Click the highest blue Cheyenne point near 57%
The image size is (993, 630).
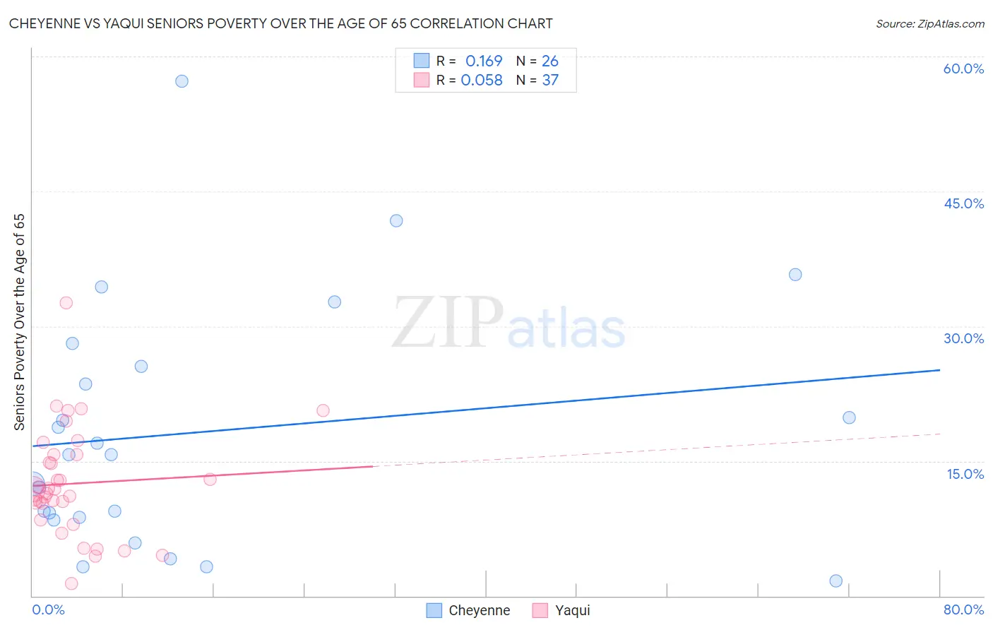click(182, 81)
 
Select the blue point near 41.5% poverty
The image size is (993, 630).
click(396, 220)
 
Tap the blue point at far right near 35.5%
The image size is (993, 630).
click(795, 275)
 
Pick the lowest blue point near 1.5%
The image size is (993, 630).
click(836, 581)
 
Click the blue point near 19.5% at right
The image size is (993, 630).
click(849, 417)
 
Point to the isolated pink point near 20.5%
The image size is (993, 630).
click(323, 410)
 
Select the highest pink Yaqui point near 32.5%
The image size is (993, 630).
click(66, 302)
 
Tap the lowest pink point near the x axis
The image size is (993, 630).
click(71, 583)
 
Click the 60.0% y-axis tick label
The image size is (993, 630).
click(963, 69)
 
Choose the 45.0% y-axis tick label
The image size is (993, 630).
click(963, 203)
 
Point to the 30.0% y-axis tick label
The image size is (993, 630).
click(963, 338)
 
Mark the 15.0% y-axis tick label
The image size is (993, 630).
click(965, 474)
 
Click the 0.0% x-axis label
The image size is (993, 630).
click(48, 610)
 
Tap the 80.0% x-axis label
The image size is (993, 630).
click(963, 610)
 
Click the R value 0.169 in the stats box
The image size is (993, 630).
click(483, 61)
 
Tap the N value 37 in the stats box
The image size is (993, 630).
click(550, 80)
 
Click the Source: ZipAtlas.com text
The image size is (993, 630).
click(929, 23)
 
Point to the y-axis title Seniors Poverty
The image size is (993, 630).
click(19, 321)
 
